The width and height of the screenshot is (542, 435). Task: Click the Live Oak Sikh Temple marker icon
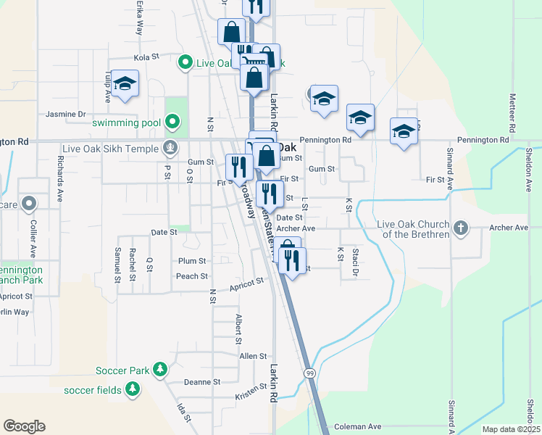coord(170,149)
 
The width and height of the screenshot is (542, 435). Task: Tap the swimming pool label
coord(126,123)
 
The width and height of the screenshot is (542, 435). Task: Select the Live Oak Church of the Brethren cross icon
coord(459,229)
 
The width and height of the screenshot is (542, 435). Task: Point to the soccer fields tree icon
coord(132,390)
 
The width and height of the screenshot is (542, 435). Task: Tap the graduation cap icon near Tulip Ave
coord(125,84)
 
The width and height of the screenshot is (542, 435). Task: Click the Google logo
coord(24,426)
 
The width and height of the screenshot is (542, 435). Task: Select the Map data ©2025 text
coord(511,429)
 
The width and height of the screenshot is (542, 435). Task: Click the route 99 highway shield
coord(309,373)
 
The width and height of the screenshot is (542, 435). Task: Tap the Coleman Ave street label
coord(358,427)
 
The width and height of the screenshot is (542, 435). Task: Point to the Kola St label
coord(146,57)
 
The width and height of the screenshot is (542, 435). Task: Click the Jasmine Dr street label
coord(66,114)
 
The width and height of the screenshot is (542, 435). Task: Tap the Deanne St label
coord(201,382)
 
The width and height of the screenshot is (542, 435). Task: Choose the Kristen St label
coord(251,394)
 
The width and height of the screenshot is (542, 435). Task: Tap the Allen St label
coord(253,356)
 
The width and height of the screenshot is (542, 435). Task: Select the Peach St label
coord(192,276)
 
